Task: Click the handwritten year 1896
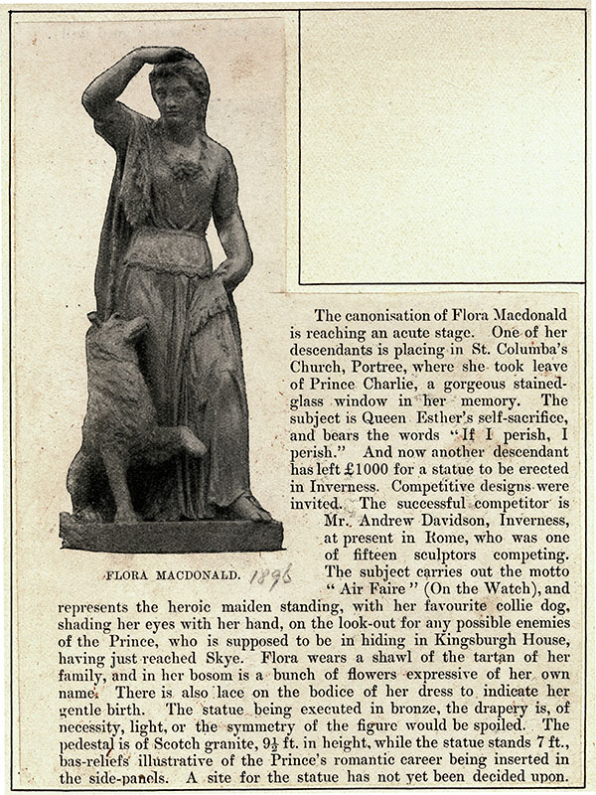pos(270,576)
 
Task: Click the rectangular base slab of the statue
pos(169,534)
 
